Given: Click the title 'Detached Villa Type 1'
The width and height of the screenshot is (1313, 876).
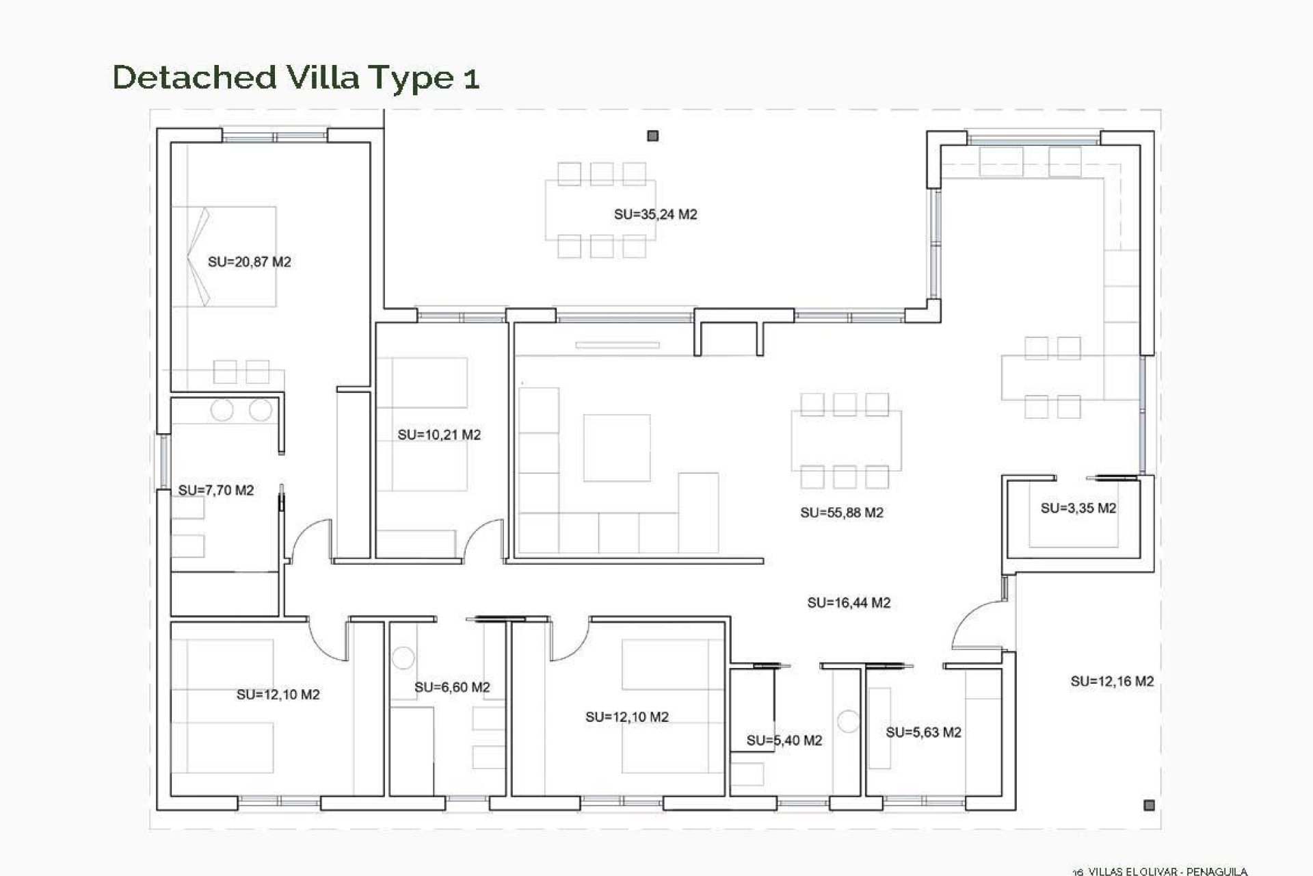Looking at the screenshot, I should pos(295,77).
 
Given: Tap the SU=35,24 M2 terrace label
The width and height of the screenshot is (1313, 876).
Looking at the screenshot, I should pos(655,214).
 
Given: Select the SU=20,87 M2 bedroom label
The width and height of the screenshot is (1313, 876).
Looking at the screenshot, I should pos(249,261).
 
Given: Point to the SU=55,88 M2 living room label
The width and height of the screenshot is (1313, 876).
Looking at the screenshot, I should pos(841,513).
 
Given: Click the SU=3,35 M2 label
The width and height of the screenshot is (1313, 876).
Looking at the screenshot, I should pos(1078,508).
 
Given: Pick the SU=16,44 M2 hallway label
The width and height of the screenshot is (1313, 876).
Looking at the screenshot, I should pos(848,603).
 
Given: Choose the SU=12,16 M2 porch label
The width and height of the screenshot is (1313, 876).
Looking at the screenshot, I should pos(1112,681).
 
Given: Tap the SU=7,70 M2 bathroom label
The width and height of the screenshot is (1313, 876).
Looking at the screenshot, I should pos(215,490).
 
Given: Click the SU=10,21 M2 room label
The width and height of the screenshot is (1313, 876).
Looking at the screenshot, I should pos(439,435).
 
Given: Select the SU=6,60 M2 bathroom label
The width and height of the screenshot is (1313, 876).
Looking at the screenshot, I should pos(452,687).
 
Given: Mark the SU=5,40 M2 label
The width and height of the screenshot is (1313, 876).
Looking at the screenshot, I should pos(784,740).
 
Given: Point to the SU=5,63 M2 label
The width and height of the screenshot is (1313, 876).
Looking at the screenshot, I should pos(923,732).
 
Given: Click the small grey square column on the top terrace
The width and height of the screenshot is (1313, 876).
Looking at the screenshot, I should pos(652,136).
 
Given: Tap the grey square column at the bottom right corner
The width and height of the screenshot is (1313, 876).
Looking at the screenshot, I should pos(1149,806).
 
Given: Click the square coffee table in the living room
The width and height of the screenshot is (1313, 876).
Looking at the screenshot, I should pos(616,448).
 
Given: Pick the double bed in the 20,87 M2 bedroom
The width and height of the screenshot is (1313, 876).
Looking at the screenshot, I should pos(226,257).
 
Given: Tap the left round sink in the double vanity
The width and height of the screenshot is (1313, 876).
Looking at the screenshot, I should pos(222,411).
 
